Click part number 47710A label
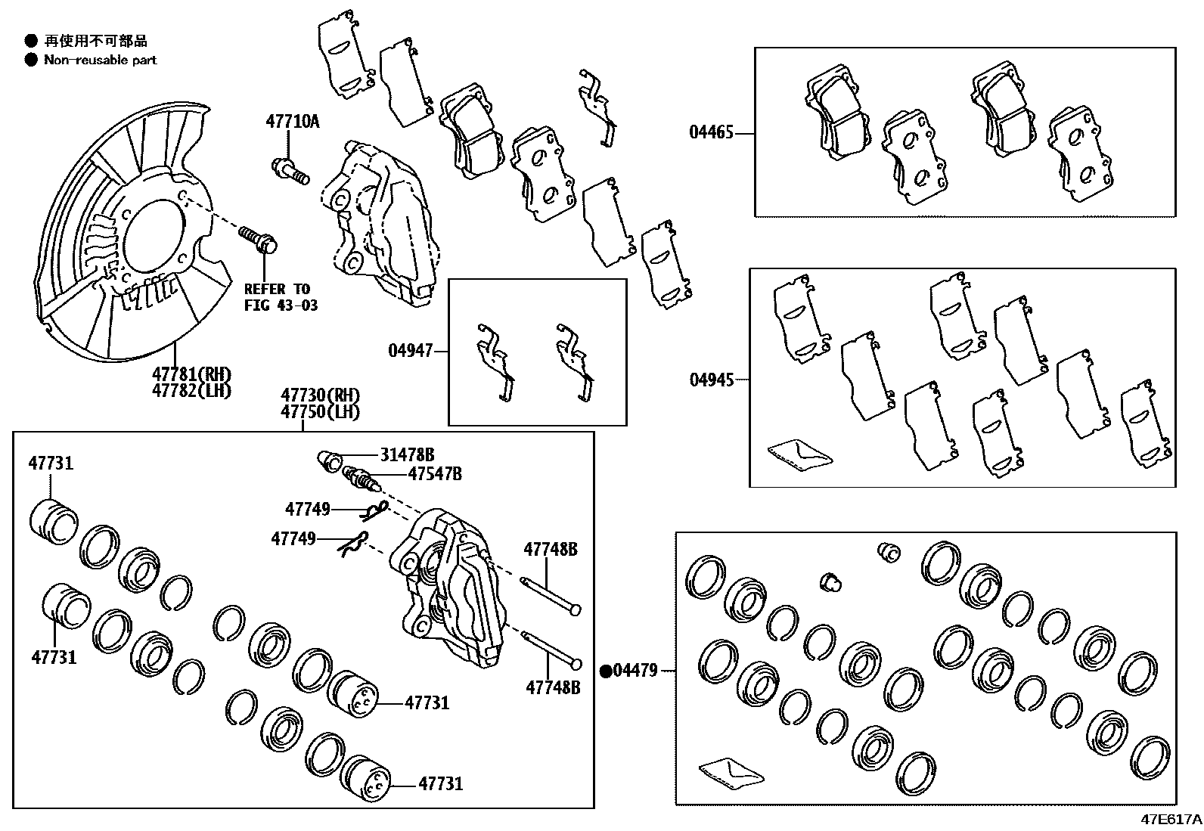292,121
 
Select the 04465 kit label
711,133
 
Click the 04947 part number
411,350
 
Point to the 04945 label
712,380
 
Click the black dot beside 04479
606,671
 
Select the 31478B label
407,454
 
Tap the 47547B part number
434,474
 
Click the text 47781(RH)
191,374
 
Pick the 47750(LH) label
320,412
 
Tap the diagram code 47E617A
1171,820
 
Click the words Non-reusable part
101,60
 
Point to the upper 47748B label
551,550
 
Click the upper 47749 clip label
308,510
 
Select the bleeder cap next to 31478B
328,459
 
